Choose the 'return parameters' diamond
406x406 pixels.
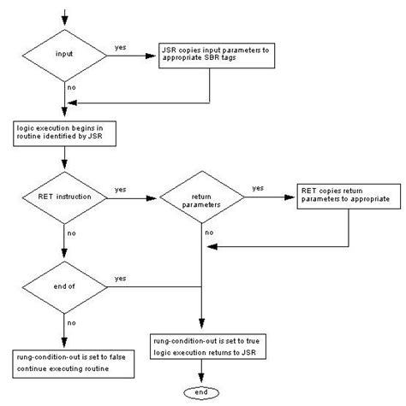(203, 200)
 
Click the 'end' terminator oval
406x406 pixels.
(203, 391)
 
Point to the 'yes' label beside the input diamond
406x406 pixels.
(122, 49)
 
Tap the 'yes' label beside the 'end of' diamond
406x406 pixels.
(121, 279)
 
